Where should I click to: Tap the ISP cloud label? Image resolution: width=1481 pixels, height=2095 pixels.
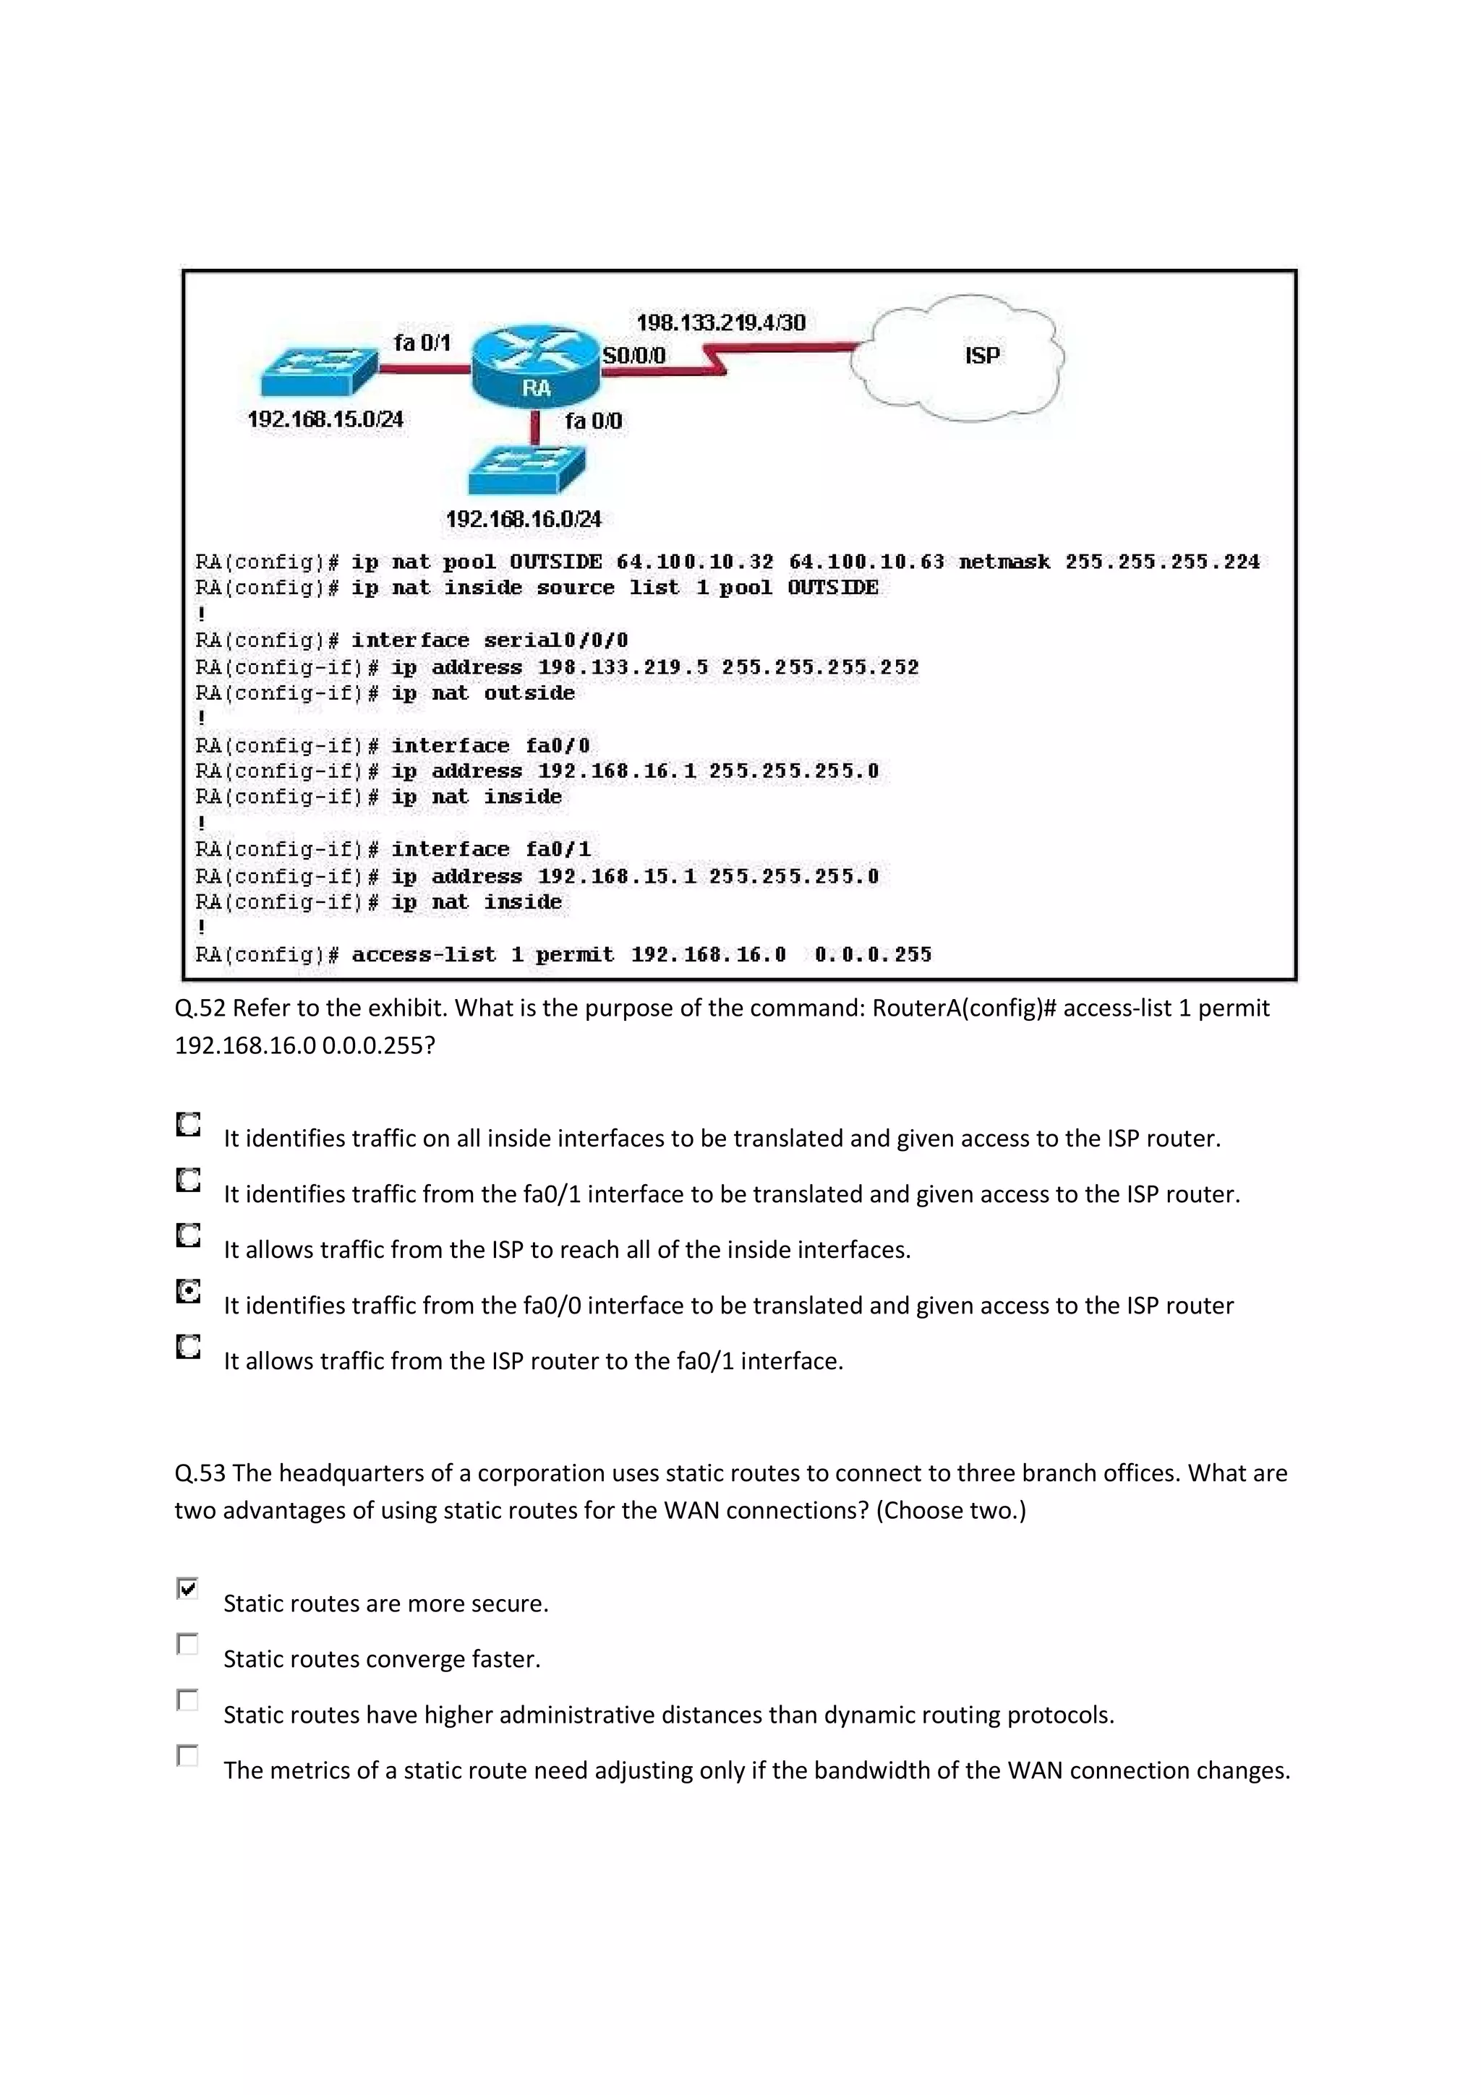[x=982, y=355]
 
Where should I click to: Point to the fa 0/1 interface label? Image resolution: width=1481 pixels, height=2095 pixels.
[x=422, y=343]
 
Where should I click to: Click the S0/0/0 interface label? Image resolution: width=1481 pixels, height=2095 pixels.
[x=634, y=355]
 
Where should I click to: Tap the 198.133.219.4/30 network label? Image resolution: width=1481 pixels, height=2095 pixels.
[x=720, y=322]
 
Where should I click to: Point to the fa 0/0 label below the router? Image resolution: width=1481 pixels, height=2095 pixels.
[x=593, y=421]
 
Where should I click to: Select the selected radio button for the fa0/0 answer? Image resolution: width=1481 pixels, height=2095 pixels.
[x=188, y=1291]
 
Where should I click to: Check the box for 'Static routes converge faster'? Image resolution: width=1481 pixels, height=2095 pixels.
[x=187, y=1644]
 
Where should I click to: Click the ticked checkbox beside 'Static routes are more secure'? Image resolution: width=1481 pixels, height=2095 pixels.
[x=187, y=1588]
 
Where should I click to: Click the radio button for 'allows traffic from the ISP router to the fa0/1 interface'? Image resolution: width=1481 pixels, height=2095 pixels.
[x=188, y=1347]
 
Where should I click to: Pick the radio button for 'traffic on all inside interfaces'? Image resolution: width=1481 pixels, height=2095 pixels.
[x=188, y=1124]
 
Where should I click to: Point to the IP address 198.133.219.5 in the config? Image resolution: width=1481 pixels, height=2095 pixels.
[x=623, y=667]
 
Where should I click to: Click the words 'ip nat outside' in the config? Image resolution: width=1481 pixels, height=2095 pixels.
[x=483, y=693]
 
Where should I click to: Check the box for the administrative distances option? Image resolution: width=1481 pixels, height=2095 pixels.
[x=187, y=1700]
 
